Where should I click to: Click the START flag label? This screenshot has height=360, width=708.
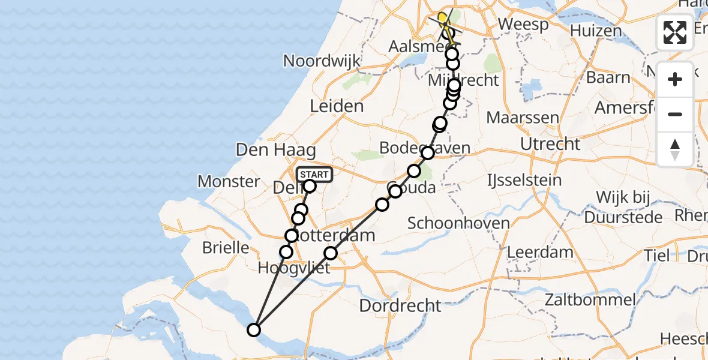tap(314, 175)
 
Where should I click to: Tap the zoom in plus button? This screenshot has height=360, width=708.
tap(675, 80)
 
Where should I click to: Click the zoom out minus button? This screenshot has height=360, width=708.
tap(675, 115)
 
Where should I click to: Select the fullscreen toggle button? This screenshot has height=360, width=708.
tap(675, 32)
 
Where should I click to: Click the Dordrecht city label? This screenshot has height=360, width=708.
tap(400, 305)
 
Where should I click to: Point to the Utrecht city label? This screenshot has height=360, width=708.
tap(550, 144)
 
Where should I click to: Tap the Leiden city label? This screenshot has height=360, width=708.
tap(337, 107)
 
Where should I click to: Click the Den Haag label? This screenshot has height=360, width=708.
tap(268, 149)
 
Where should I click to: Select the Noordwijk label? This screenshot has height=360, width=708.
tap(322, 61)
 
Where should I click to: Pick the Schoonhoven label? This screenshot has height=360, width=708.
tap(458, 223)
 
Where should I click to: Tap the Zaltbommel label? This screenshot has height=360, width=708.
tap(592, 299)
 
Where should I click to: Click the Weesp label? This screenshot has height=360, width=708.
tap(523, 25)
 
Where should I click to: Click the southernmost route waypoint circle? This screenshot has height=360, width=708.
tap(254, 329)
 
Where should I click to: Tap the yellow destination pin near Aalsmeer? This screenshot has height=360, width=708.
tap(443, 18)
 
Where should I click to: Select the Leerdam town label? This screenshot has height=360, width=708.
tap(540, 252)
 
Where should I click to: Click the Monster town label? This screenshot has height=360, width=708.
tap(229, 181)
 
